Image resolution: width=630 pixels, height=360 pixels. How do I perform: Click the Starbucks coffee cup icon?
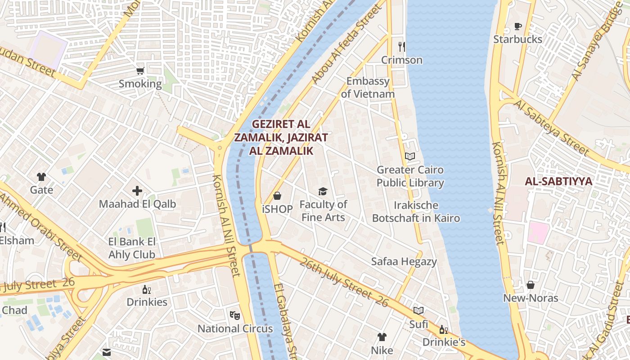pyautogui.click(x=518, y=26)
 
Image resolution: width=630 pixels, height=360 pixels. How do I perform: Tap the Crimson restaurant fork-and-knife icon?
pyautogui.click(x=402, y=46)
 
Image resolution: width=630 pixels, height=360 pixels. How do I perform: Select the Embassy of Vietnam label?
pyautogui.click(x=368, y=88)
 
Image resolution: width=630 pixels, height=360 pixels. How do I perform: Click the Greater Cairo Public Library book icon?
pyautogui.click(x=409, y=157)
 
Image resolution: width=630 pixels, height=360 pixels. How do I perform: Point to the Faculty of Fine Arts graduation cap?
pyautogui.click(x=323, y=192)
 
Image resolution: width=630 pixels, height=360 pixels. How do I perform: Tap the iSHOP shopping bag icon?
pyautogui.click(x=277, y=196)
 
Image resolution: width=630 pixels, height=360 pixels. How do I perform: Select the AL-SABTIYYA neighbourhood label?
pyautogui.click(x=558, y=182)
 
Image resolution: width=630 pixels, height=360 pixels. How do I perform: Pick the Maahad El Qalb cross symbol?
pyautogui.click(x=137, y=191)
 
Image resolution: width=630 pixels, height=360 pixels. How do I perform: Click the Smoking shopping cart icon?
pyautogui.click(x=140, y=71)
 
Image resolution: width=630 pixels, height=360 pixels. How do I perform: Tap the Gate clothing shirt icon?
pyautogui.click(x=41, y=177)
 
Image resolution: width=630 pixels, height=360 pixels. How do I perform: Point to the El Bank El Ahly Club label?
pyautogui.click(x=132, y=248)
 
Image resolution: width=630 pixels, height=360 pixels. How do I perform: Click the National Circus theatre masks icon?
pyautogui.click(x=234, y=315)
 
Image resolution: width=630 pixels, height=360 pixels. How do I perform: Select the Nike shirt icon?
pyautogui.click(x=382, y=337)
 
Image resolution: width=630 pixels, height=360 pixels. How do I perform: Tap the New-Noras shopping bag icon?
pyautogui.click(x=531, y=285)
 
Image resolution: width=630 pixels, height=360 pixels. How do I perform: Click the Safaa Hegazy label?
pyautogui.click(x=404, y=261)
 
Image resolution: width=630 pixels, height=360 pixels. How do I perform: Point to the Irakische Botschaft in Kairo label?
pyautogui.click(x=416, y=212)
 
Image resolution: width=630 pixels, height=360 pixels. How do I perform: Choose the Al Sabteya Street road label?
pyautogui.click(x=551, y=127)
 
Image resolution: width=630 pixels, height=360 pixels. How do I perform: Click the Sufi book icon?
pyautogui.click(x=418, y=310)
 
